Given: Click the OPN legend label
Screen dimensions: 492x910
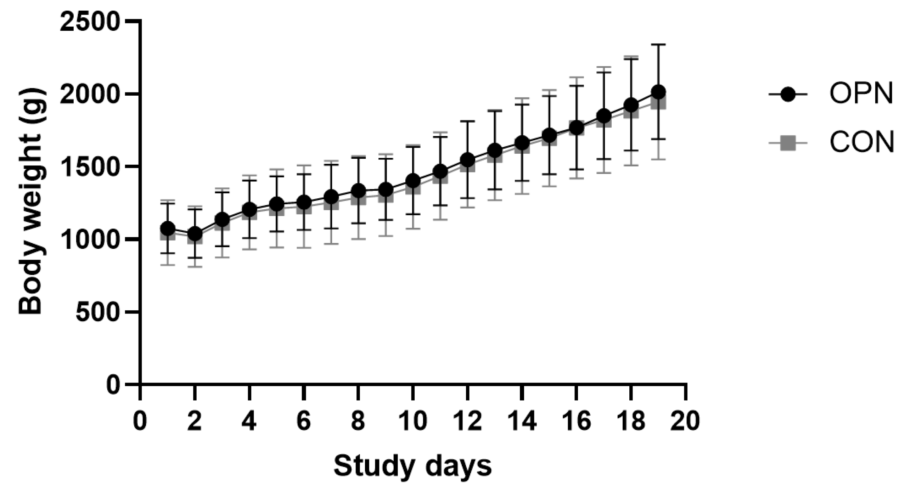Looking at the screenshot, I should click(x=861, y=94).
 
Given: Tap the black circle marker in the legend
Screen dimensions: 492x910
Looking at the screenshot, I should click(x=788, y=94).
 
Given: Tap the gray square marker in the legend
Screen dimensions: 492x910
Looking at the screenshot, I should click(x=788, y=143).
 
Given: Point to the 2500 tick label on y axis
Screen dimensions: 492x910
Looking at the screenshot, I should click(x=88, y=22).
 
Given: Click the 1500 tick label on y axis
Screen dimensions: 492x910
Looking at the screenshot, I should click(x=88, y=167).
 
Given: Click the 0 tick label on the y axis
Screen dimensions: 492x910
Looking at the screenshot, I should click(x=113, y=385).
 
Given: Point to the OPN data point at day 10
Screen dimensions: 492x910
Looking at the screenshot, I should click(x=413, y=181).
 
